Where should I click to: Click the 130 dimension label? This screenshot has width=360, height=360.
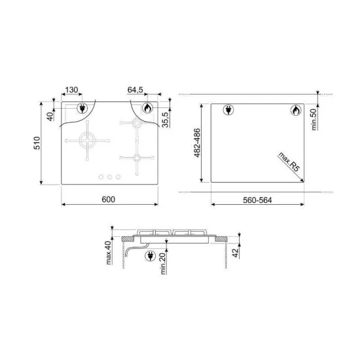[71, 90]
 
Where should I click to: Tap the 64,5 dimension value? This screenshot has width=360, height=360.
[135, 90]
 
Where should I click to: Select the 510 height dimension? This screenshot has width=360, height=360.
[37, 143]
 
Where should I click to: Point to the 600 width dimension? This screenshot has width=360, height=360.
[109, 199]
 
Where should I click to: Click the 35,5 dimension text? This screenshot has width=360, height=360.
[166, 119]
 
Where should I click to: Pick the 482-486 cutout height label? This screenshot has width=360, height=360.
[197, 143]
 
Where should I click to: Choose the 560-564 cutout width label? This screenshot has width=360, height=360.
[257, 200]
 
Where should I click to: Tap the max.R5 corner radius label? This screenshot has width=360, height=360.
[289, 162]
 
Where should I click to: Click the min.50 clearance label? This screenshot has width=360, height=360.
[314, 119]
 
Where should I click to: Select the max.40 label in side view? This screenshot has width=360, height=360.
[109, 253]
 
